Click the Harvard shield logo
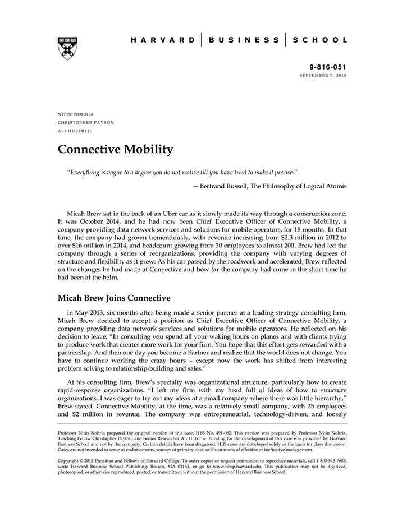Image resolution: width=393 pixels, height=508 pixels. tap(67, 48)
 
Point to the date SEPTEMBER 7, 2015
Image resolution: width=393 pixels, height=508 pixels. tap(323, 75)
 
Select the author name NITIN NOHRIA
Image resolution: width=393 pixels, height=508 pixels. tap(75, 114)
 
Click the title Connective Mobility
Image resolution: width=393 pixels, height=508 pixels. tap(116, 150)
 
